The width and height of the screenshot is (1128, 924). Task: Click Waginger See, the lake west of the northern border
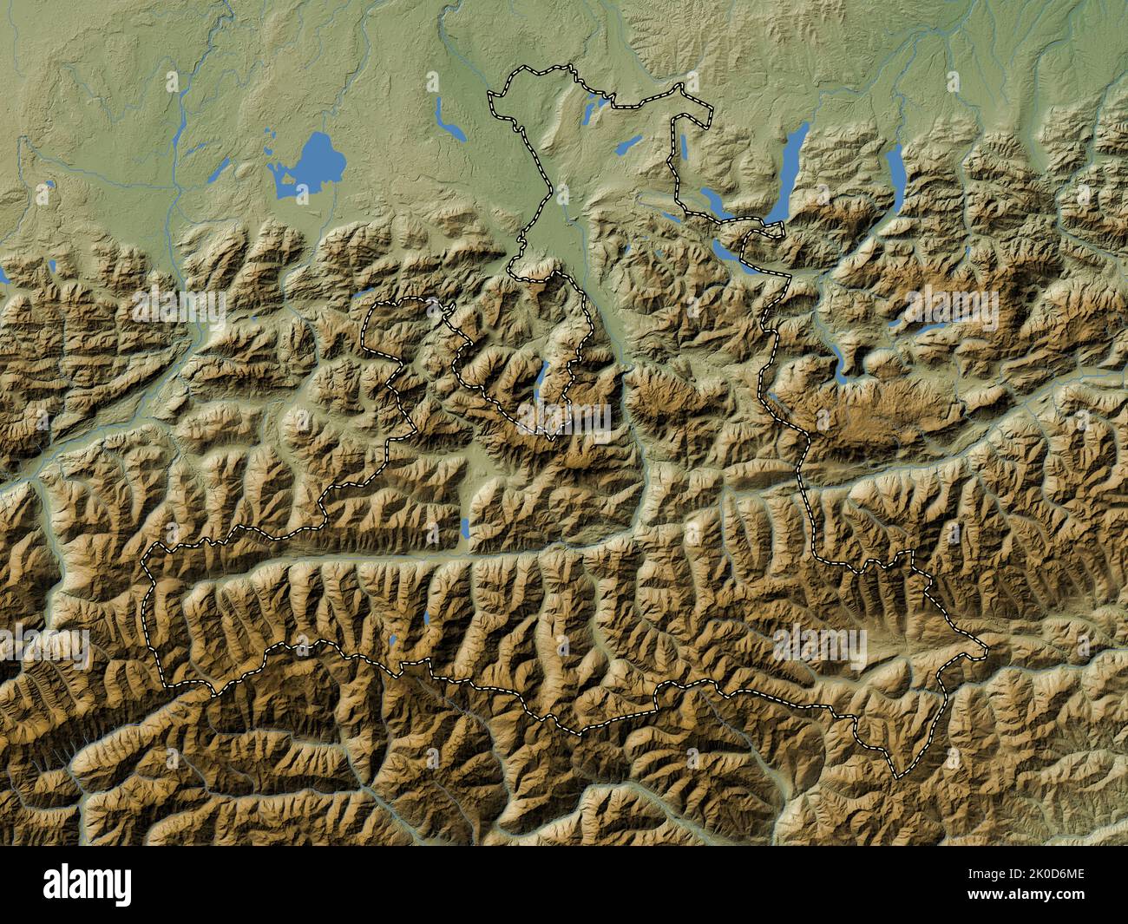[x=449, y=121]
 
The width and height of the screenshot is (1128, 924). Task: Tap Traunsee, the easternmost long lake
[x=895, y=173]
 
